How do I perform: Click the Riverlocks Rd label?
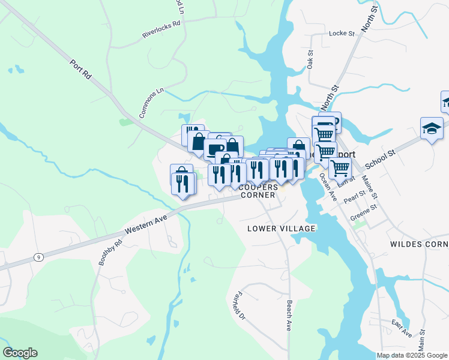pos(161,31)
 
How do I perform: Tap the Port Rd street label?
pos(80,69)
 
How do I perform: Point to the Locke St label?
pos(343,34)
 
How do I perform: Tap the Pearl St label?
pos(355,196)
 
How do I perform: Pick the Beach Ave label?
pos(289,316)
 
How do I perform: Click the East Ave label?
pos(401,328)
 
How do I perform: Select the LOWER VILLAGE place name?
pos(282,229)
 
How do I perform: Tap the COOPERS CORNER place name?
pos(258,191)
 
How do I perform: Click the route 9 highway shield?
pos(38,257)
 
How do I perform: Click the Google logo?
pos(20,353)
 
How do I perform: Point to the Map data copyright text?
pos(412,355)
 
